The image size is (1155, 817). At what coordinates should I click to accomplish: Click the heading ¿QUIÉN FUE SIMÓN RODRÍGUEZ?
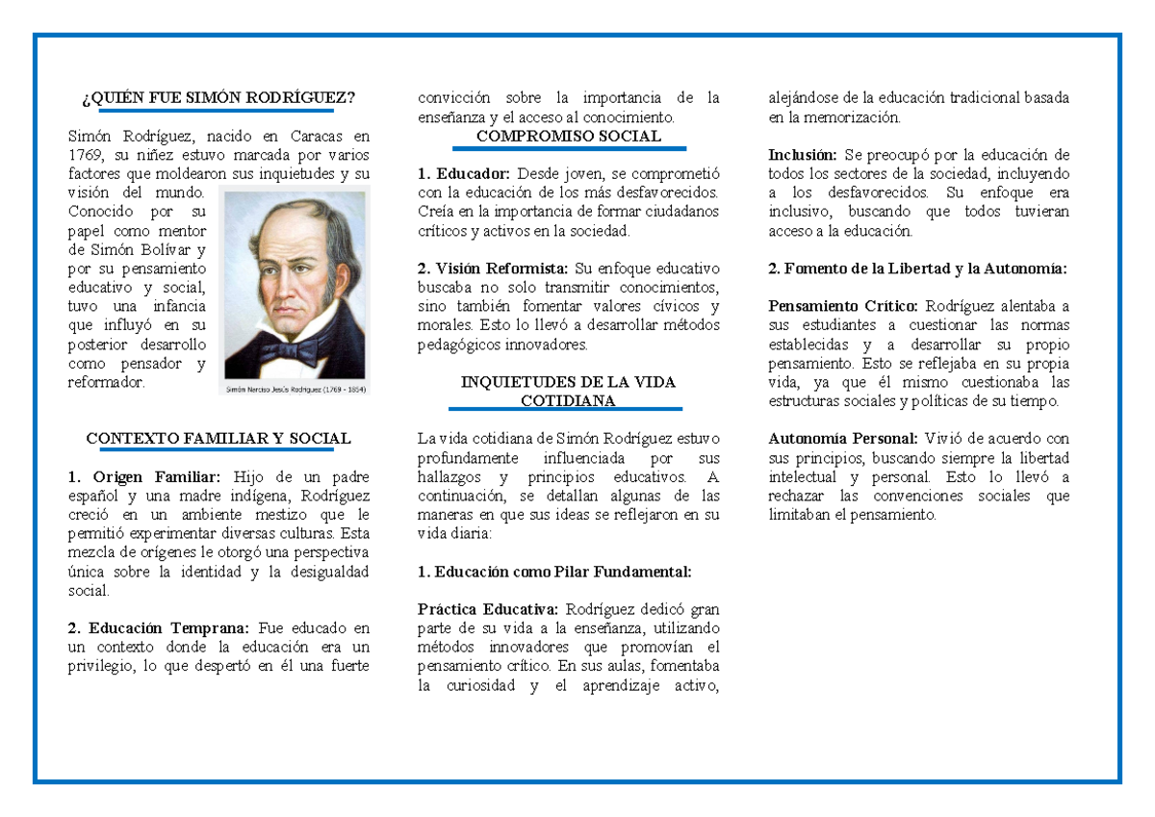(218, 98)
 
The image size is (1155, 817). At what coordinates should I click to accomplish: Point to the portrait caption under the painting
(295, 389)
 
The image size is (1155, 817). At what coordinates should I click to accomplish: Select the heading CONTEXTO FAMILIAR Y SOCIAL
(218, 439)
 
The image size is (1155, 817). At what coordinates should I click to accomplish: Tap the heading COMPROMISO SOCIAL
(569, 137)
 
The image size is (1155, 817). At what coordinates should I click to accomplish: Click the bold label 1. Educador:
(464, 174)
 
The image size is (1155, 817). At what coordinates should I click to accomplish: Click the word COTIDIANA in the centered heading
(568, 400)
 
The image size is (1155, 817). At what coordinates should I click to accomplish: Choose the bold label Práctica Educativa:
(487, 609)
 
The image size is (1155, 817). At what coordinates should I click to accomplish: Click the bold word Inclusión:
(803, 156)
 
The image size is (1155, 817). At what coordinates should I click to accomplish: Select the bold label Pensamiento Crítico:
(843, 307)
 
